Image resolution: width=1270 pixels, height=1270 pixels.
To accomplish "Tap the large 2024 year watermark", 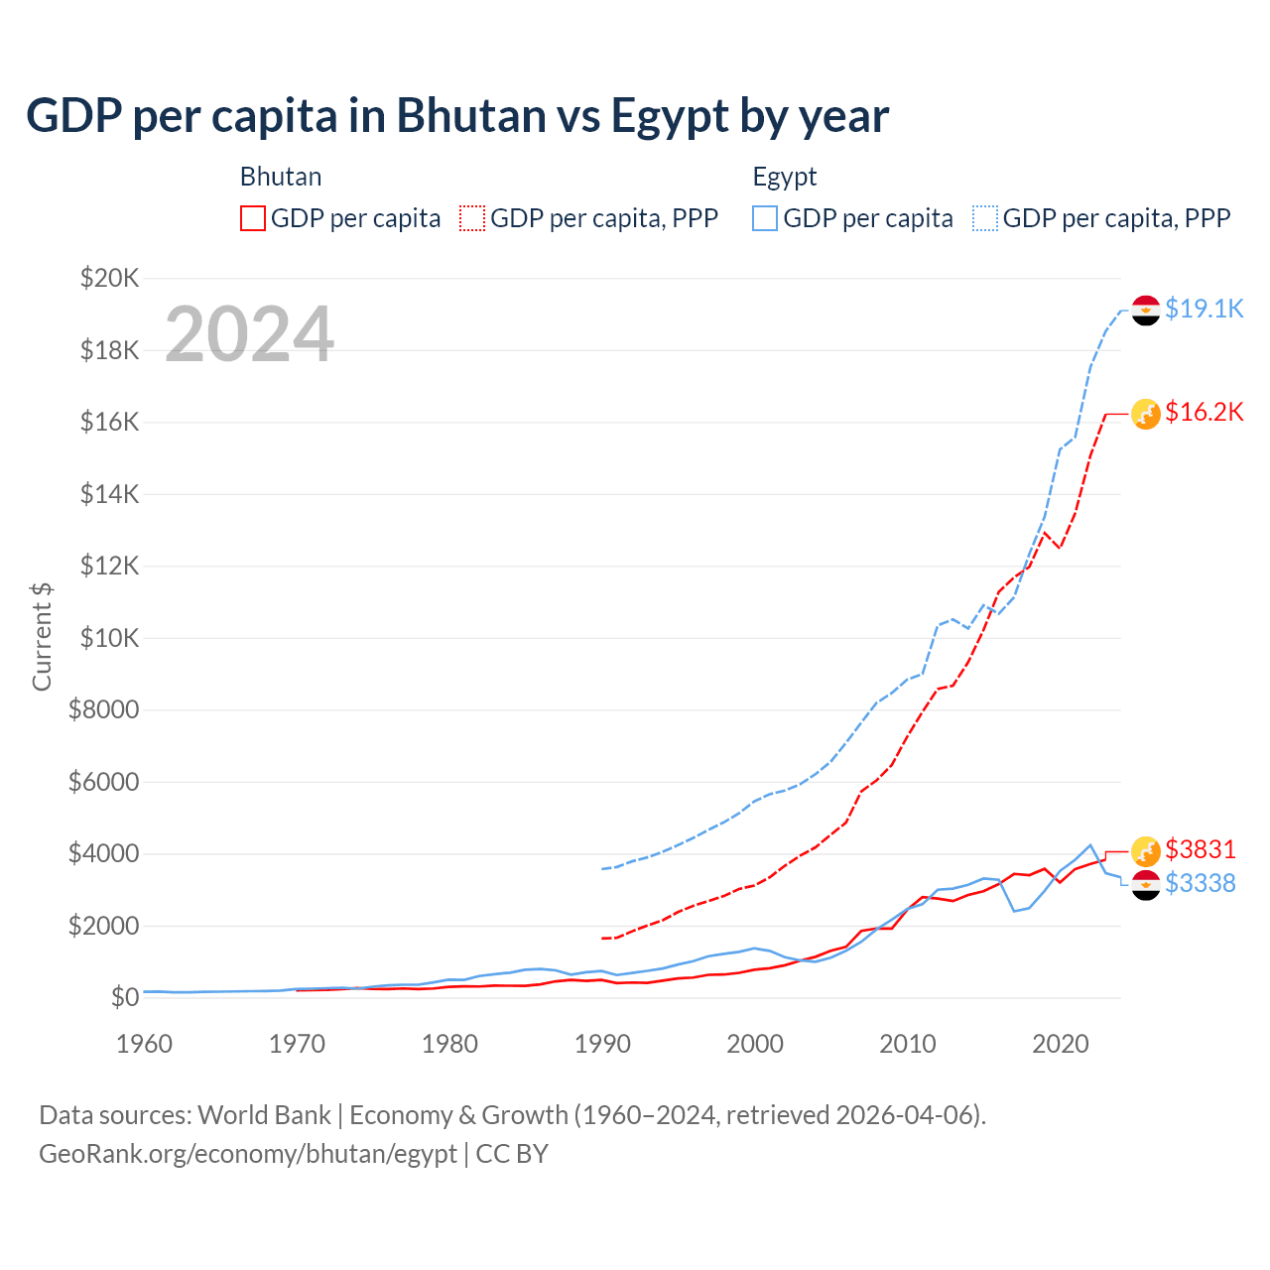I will [x=249, y=334].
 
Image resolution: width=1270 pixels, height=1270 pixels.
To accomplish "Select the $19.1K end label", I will [x=1204, y=309].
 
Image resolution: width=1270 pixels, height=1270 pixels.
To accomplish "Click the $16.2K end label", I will [x=1204, y=412].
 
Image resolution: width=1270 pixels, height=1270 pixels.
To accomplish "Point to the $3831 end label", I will [x=1200, y=849].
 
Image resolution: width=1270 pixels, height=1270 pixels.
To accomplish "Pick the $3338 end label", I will [x=1200, y=883].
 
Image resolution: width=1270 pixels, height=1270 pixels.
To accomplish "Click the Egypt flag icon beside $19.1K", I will [x=1146, y=311].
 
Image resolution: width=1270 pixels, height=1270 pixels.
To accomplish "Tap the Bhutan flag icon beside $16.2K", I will [x=1146, y=414].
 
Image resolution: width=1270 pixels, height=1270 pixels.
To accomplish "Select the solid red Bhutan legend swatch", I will [x=253, y=218].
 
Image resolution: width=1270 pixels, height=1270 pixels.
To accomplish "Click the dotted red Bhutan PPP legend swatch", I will [x=472, y=218].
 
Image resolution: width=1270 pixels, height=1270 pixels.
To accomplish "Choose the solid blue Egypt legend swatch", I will [x=765, y=218].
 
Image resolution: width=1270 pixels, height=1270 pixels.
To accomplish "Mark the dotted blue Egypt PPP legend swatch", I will [x=985, y=218].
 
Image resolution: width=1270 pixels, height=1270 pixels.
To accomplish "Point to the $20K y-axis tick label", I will [x=109, y=278].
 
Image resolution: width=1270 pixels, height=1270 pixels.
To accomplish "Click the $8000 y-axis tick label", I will [x=103, y=710].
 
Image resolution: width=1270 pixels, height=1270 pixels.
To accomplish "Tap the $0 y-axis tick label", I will [x=125, y=997].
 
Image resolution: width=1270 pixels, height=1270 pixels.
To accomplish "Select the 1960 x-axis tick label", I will [x=145, y=1044].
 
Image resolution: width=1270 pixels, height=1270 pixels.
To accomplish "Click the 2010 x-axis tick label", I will [x=908, y=1044].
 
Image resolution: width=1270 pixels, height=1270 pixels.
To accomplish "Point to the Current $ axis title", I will [x=42, y=637].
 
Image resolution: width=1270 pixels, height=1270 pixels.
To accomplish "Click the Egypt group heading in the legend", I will [x=785, y=177].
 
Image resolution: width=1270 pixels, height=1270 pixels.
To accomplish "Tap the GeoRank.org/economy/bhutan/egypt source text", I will [x=248, y=1154].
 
